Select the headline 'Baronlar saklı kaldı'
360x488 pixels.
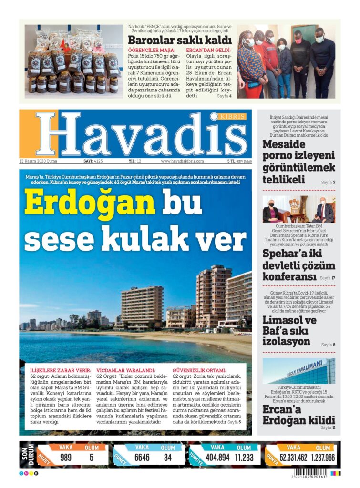(179, 40)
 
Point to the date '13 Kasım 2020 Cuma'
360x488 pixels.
(38, 161)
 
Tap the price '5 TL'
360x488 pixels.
(231, 161)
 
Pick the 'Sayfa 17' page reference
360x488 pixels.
(327, 277)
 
